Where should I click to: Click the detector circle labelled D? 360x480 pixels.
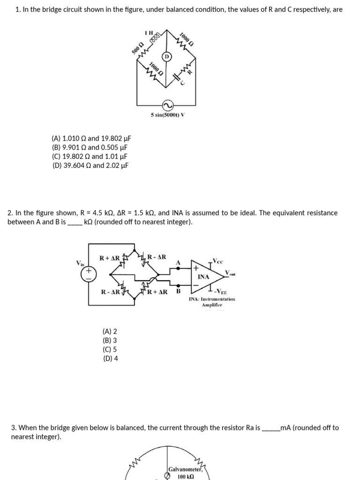click(166, 57)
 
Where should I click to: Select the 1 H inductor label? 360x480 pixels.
click(150, 32)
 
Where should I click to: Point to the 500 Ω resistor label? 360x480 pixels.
click(137, 47)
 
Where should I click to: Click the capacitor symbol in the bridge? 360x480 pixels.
click(176, 75)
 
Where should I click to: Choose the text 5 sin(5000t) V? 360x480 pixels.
click(167, 115)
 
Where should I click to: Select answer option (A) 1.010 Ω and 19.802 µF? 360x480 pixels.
click(91, 138)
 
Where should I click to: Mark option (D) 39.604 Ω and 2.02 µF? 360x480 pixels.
click(90, 165)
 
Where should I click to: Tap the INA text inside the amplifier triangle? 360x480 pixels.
click(203, 277)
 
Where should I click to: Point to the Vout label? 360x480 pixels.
click(230, 273)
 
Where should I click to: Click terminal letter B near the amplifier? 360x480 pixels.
click(178, 291)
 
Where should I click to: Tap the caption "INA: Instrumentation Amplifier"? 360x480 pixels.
click(212, 302)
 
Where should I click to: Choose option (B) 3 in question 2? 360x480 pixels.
click(110, 340)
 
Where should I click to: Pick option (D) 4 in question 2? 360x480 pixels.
click(110, 359)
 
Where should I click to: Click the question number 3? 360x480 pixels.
click(14, 427)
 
